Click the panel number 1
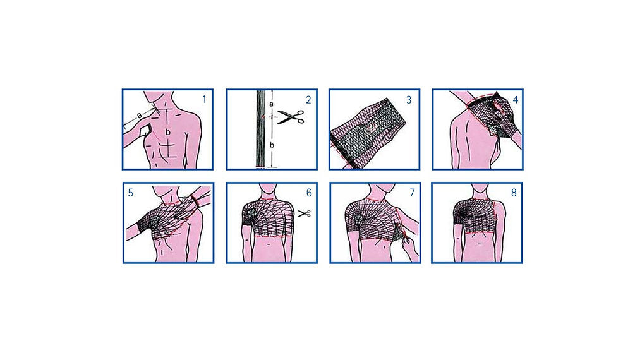[204, 99]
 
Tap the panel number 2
[308, 100]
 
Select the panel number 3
[408, 100]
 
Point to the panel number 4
[516, 100]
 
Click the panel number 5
[130, 193]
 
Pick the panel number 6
[309, 193]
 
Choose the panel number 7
[412, 193]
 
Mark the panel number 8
[514, 193]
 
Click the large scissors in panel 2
[291, 117]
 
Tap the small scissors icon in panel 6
[305, 213]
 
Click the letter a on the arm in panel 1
[140, 116]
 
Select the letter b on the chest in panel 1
[168, 132]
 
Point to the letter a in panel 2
[271, 104]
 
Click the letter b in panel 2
[272, 145]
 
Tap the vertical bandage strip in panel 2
[261, 129]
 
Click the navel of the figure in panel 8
[480, 243]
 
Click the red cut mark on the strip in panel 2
[263, 116]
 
